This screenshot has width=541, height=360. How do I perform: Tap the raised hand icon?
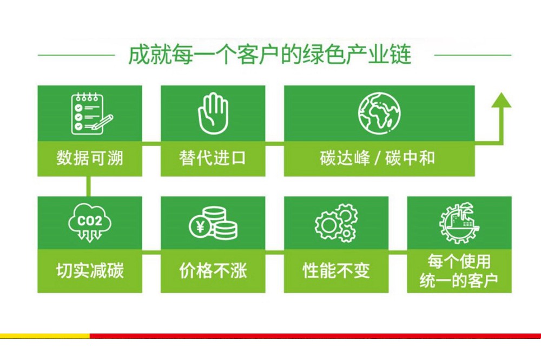pyautogui.click(x=213, y=113)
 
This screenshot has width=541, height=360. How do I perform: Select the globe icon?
pyautogui.click(x=379, y=113)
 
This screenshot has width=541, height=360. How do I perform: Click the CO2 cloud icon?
pyautogui.click(x=90, y=223)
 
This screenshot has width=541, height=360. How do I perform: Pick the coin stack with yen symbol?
pyautogui.click(x=213, y=223)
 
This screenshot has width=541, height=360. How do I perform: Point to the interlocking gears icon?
pyautogui.click(x=336, y=223)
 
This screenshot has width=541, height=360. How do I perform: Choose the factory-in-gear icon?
pyautogui.click(x=459, y=223)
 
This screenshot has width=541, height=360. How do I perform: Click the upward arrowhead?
pyautogui.click(x=501, y=100)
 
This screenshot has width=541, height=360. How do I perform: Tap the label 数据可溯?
pyautogui.click(x=90, y=158)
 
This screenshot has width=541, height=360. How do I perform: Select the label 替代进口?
pyautogui.click(x=213, y=158)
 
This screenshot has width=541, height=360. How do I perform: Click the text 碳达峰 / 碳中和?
pyautogui.click(x=378, y=158)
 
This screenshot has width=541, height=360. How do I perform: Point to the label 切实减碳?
pyautogui.click(x=90, y=270)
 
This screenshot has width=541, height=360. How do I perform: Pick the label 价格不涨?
pyautogui.click(x=213, y=270)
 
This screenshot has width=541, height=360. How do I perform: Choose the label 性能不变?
pyautogui.click(x=336, y=270)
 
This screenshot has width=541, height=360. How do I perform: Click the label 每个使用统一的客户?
pyautogui.click(x=459, y=271)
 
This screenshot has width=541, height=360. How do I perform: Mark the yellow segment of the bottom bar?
pyautogui.click(x=45, y=336)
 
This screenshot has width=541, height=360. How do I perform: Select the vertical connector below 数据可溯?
pyautogui.click(x=89, y=186)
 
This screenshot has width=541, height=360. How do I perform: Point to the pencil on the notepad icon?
pyautogui.click(x=102, y=122)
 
